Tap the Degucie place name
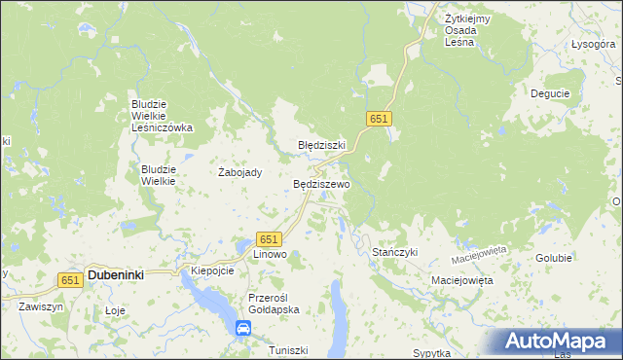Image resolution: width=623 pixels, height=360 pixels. pos(549,93)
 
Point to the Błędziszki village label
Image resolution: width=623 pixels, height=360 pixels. pos(321,145)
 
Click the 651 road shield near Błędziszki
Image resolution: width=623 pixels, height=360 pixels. pos(379,118)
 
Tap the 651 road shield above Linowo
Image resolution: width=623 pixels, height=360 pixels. pos(270,239)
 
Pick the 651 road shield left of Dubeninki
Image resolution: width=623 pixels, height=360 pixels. pos(69,279)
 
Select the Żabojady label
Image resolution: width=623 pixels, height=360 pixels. pos(239,172)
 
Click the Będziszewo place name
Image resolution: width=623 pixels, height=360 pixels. pos(321,183)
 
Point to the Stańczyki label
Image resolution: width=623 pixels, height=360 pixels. pos(395,252)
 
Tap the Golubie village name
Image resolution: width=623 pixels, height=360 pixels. pos(553,258)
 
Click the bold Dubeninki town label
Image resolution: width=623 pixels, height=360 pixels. pos(116,275)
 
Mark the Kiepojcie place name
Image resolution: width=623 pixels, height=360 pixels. pos(212,270)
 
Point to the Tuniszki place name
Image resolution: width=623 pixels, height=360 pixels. pos(288,350)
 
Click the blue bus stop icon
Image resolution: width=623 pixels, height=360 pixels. pos(241,329)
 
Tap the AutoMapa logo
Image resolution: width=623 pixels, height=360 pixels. pos(558,342)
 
